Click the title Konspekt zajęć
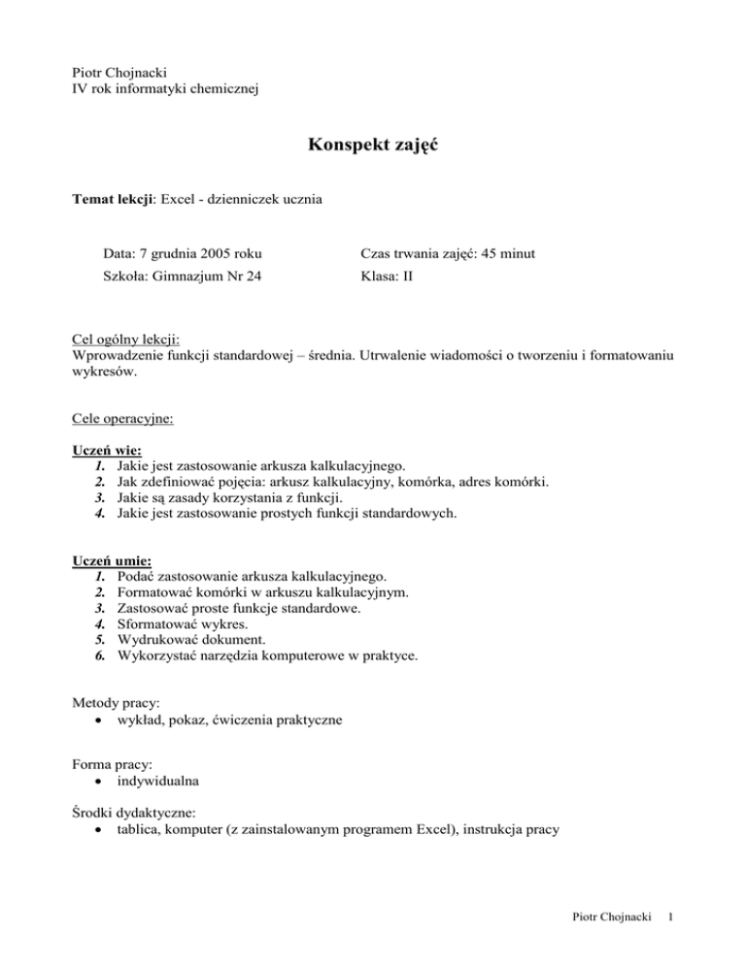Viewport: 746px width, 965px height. tap(372, 147)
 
